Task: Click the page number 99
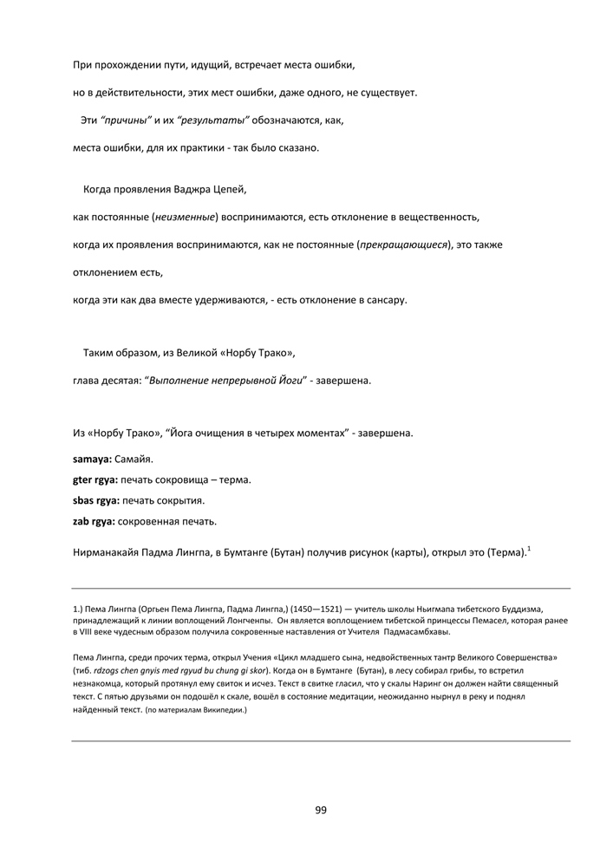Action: [x=321, y=810]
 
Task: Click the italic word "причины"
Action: [x=127, y=119]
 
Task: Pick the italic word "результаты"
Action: [x=213, y=119]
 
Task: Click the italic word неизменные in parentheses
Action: [x=185, y=216]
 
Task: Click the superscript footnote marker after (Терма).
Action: [x=529, y=548]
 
